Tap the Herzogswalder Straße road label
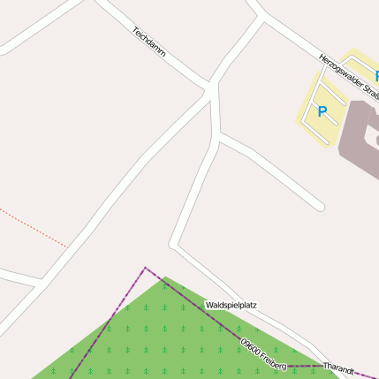pyautogui.click(x=350, y=76)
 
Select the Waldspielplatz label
pyautogui.click(x=231, y=305)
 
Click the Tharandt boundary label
pyautogui.click(x=338, y=366)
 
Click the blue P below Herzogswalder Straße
pyautogui.click(x=322, y=112)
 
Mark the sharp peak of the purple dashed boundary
pyautogui.click(x=145, y=267)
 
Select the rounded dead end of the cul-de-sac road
pyautogui.click(x=319, y=208)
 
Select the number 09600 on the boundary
pyautogui.click(x=248, y=342)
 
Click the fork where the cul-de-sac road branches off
pyautogui.click(x=217, y=136)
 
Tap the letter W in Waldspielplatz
pyautogui.click(x=208, y=305)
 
